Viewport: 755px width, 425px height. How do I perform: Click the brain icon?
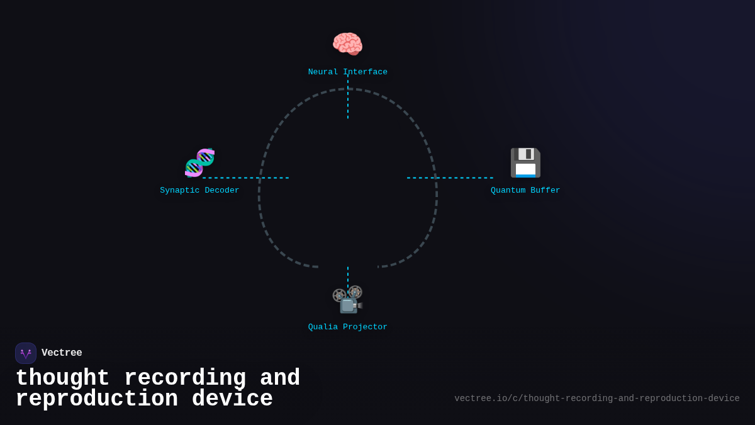click(347, 44)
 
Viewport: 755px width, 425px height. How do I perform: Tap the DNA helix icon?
click(200, 162)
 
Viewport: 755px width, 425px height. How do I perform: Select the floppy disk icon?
click(525, 162)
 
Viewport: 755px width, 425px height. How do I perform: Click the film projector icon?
click(347, 300)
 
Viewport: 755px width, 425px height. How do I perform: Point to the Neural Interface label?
click(347, 72)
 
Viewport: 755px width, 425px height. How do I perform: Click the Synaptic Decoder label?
click(199, 190)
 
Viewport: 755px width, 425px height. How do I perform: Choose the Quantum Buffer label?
click(525, 190)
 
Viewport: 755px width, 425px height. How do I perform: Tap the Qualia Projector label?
click(347, 327)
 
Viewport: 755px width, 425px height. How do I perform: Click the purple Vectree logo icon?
click(26, 353)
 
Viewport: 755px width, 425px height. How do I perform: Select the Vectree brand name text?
click(62, 353)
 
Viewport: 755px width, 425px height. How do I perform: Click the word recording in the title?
click(185, 378)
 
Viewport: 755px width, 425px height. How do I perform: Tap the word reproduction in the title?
click(97, 399)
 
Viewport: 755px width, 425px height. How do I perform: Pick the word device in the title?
click(232, 398)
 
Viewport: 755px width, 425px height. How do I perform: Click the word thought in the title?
click(63, 377)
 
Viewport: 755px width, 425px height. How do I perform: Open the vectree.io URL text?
click(597, 399)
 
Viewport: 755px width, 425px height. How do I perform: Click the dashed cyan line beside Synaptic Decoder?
click(246, 178)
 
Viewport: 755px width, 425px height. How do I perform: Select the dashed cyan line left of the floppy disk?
click(450, 178)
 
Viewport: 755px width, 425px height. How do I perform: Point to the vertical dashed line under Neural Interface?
click(348, 97)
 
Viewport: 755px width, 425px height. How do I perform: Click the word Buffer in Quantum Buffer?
click(545, 190)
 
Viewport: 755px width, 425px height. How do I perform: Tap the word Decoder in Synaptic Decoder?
click(221, 190)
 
